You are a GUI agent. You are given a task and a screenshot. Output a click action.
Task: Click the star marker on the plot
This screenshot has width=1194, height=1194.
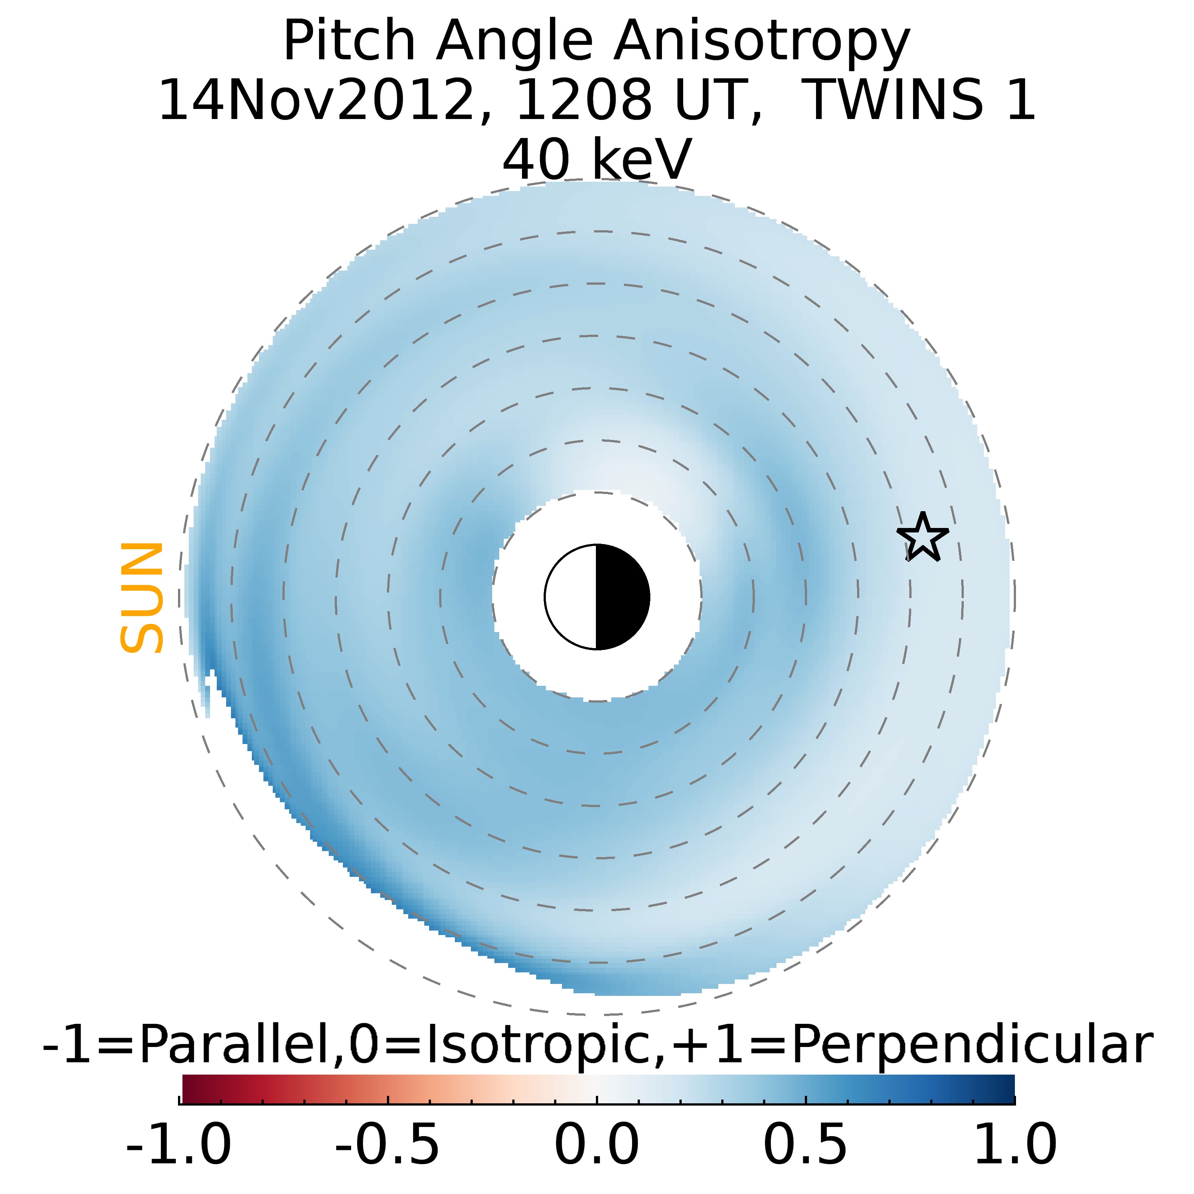point(922,537)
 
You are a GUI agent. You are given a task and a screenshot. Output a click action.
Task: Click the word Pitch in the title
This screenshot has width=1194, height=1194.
point(349,42)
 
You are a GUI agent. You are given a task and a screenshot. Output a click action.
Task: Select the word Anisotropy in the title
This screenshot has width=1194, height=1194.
point(762,42)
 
